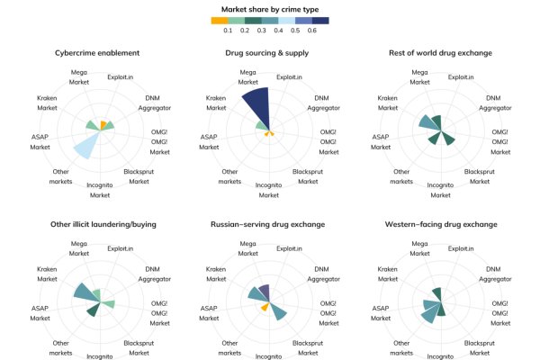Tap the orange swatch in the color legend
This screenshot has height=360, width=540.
click(220, 20)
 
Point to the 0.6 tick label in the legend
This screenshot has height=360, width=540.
click(311, 31)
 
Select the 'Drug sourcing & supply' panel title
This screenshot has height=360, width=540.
click(270, 53)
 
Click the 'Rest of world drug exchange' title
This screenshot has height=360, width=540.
click(441, 53)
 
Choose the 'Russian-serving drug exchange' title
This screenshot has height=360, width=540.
click(270, 222)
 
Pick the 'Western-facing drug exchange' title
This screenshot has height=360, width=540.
click(441, 222)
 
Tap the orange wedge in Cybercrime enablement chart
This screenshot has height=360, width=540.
click(103, 125)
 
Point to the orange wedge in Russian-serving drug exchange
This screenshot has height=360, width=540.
click(265, 307)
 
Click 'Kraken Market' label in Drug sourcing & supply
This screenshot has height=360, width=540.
click(217, 103)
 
